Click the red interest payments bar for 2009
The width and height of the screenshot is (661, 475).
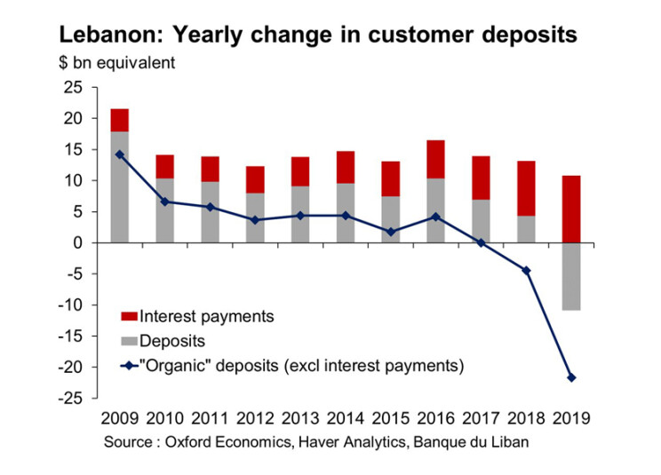(x=119, y=120)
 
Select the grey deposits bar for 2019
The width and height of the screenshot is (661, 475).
(x=572, y=276)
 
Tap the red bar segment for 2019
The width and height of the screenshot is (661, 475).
(x=572, y=209)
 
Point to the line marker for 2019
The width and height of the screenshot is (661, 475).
(x=572, y=378)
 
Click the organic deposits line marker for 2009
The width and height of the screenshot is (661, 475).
(x=119, y=154)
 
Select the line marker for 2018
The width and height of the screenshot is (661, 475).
(x=527, y=271)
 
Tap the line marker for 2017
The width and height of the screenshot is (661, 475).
(x=482, y=242)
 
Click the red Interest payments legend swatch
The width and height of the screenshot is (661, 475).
(x=131, y=316)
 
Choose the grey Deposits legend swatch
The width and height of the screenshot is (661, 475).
(x=131, y=341)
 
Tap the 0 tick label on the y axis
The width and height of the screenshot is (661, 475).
(x=77, y=242)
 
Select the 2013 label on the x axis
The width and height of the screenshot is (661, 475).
(x=300, y=418)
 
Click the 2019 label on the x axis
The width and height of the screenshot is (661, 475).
(x=572, y=418)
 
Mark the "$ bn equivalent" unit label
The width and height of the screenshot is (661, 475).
(x=116, y=63)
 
